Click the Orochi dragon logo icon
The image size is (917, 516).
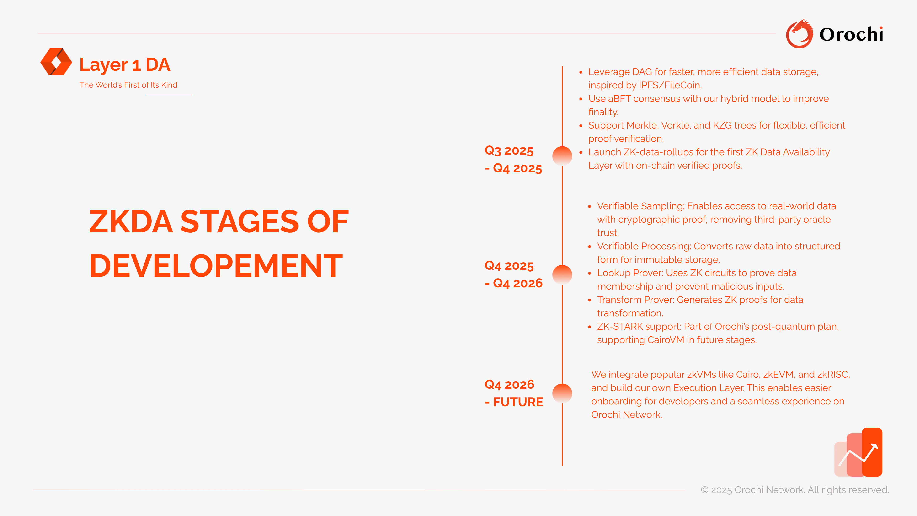[x=800, y=34]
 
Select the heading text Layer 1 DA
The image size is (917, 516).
[x=125, y=64]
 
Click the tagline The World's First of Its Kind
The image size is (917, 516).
[x=128, y=85]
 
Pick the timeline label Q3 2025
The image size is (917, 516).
[x=509, y=151]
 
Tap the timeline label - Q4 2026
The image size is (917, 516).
[x=514, y=284]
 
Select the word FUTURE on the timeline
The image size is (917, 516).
[x=518, y=402]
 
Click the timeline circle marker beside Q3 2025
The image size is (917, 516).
[x=562, y=156]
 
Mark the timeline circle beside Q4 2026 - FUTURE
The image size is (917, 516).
[x=562, y=393]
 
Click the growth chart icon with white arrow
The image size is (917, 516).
[x=858, y=452]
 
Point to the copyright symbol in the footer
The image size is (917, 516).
[x=704, y=490]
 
